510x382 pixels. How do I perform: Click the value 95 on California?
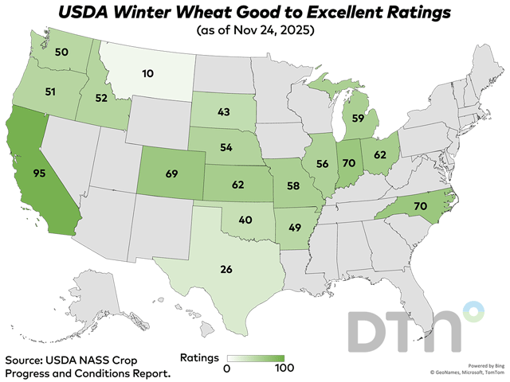[37, 171]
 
